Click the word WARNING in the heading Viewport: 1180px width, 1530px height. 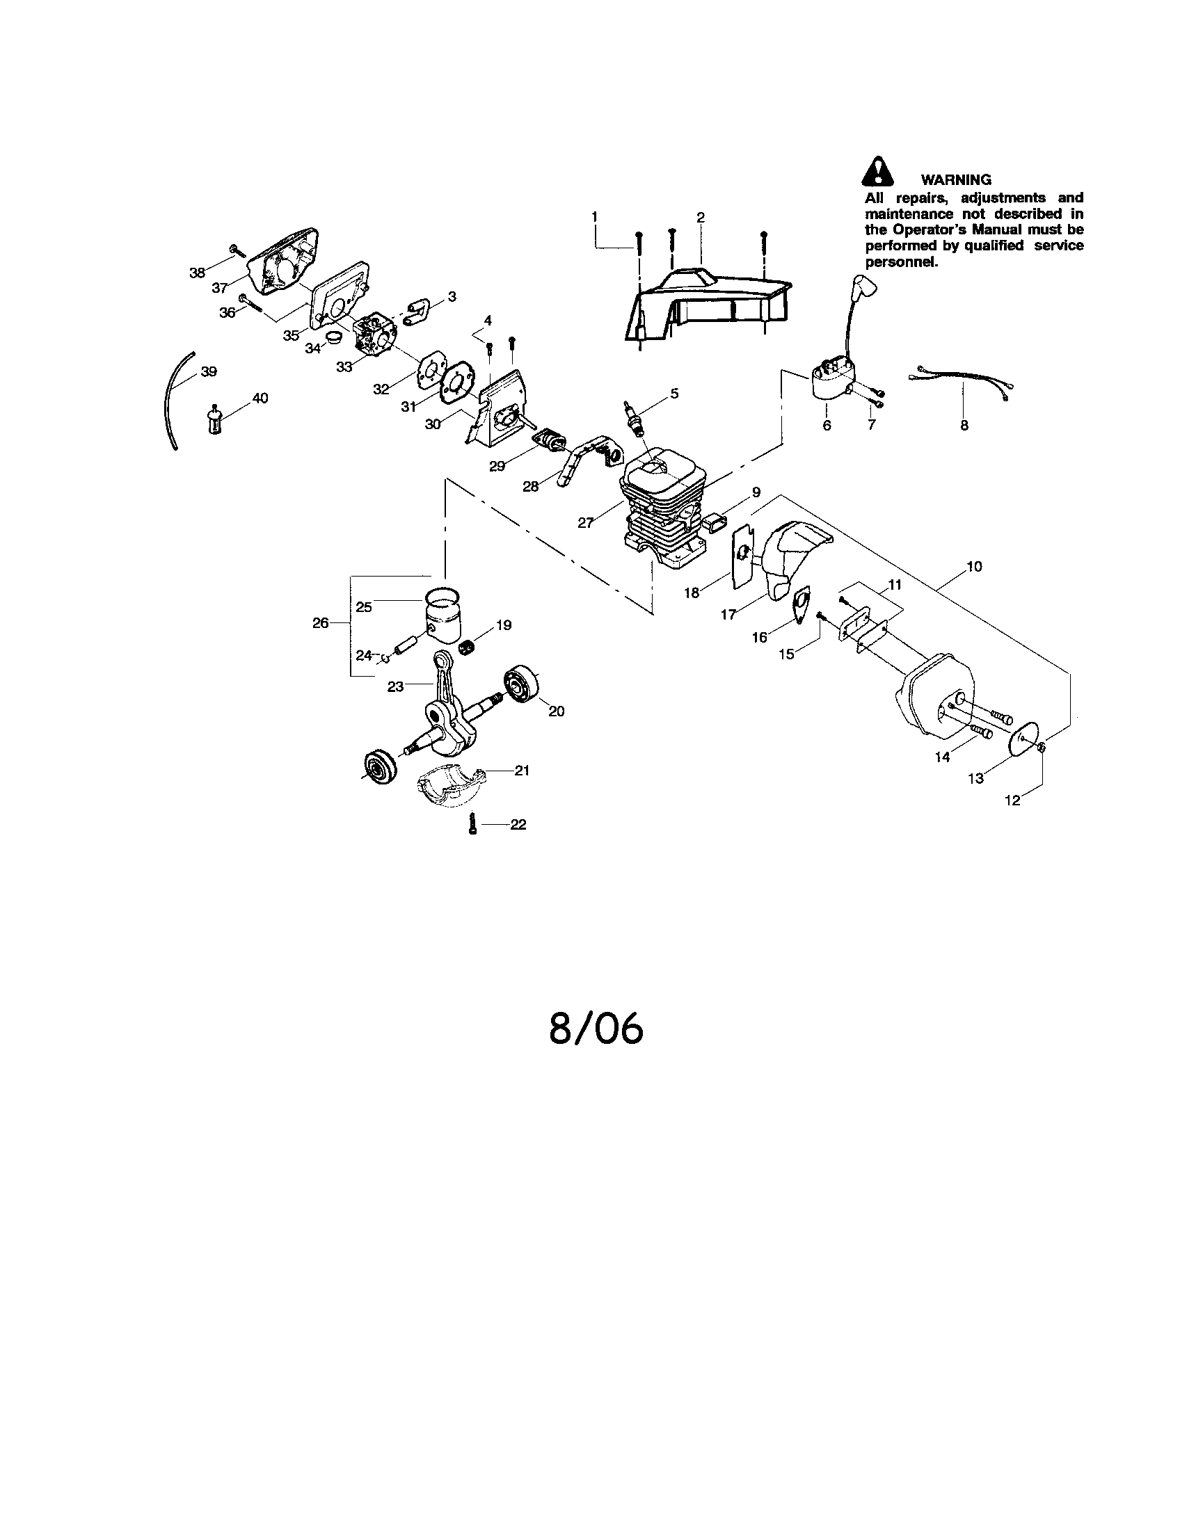pyautogui.click(x=956, y=180)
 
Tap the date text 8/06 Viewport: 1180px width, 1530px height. pyautogui.click(x=596, y=1029)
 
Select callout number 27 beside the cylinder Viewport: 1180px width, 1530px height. pyautogui.click(x=586, y=522)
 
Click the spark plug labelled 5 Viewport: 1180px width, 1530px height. pyautogui.click(x=635, y=418)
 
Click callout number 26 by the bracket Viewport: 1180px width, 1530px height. pyautogui.click(x=320, y=623)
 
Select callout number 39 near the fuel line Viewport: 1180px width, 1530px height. pyautogui.click(x=209, y=371)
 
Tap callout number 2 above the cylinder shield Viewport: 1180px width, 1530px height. pyautogui.click(x=701, y=217)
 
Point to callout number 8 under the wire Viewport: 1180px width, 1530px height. pyautogui.click(x=964, y=425)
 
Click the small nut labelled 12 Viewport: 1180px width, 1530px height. pyautogui.click(x=1042, y=749)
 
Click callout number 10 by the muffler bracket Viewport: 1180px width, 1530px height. pyautogui.click(x=974, y=567)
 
